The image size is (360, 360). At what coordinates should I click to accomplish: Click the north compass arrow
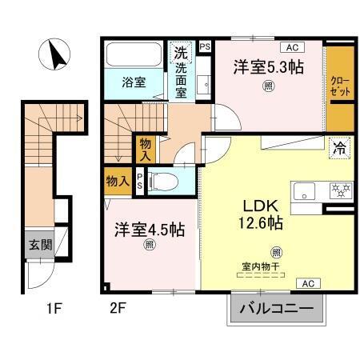pos(58,55)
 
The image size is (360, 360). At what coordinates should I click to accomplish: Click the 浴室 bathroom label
pos(133,82)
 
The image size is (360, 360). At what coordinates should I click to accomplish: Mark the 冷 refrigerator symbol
pos(338,147)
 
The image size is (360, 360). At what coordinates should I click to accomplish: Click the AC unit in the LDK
pos(307,282)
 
